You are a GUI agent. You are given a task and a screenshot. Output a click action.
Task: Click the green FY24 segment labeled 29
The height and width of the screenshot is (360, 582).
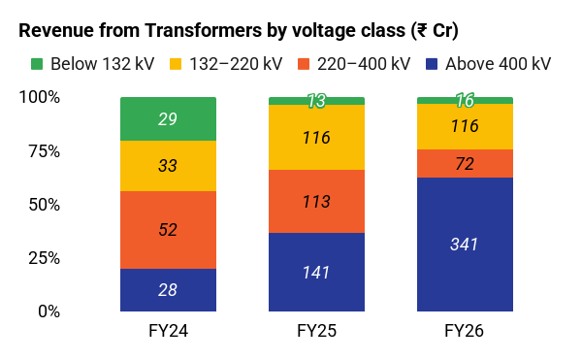tap(168, 118)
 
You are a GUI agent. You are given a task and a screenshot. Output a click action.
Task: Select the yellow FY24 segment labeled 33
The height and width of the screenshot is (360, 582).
tap(168, 166)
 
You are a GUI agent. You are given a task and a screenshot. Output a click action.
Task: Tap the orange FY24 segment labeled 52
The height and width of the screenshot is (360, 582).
tap(168, 230)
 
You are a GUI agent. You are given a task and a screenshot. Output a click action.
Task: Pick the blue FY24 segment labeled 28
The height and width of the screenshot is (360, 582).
tap(168, 290)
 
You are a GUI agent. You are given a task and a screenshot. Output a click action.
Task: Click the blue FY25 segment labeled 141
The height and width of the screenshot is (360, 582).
tap(316, 272)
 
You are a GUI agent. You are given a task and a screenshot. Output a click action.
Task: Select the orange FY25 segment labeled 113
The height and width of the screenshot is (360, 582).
tap(316, 201)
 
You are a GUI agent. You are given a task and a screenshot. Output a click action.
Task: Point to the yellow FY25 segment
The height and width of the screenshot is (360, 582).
tap(316, 138)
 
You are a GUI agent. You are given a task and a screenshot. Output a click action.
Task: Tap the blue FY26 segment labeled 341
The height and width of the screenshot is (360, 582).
tap(465, 245)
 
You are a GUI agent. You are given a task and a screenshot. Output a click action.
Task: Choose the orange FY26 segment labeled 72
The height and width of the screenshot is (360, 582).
tap(465, 163)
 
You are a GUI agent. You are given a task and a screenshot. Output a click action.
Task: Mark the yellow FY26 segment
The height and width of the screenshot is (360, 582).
tap(465, 126)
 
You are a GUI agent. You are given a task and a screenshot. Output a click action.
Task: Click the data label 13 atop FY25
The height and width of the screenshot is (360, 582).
tap(316, 101)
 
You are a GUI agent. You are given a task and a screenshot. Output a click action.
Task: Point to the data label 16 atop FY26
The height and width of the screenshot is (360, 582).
tap(465, 100)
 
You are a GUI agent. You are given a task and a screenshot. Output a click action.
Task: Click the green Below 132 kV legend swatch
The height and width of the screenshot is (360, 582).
tap(37, 64)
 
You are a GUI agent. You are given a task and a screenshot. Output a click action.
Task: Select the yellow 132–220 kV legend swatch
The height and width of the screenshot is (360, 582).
tap(176, 64)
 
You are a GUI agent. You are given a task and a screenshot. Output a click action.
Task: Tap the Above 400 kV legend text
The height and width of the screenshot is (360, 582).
tap(498, 64)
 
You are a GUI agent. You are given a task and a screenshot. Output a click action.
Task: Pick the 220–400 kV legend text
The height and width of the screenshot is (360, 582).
tap(364, 64)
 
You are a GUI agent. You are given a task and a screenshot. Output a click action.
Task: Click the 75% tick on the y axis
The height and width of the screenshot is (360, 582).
tap(45, 151)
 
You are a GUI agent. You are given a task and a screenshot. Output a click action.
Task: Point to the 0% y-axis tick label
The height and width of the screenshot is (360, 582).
tap(48, 311)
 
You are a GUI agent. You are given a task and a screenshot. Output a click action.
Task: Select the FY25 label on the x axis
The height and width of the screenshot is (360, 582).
tap(316, 331)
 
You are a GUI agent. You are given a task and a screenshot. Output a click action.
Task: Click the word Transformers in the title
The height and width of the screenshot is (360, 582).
tap(203, 30)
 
